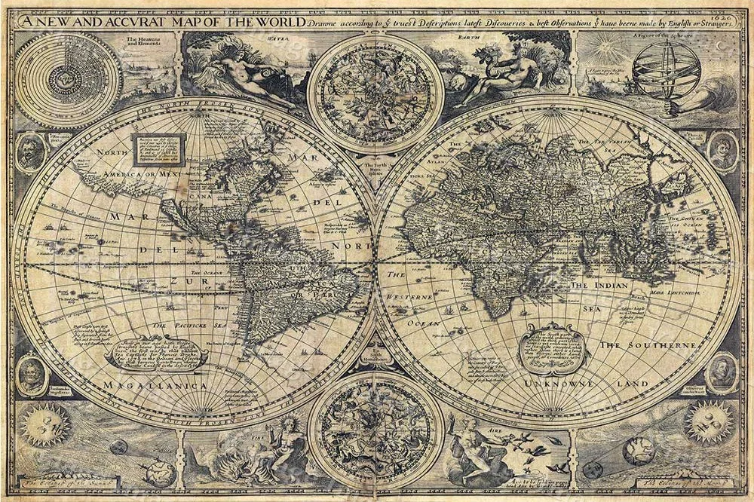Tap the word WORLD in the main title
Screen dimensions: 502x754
(274, 22)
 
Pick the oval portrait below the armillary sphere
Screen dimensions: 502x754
(722, 151)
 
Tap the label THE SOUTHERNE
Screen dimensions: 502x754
(647, 345)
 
